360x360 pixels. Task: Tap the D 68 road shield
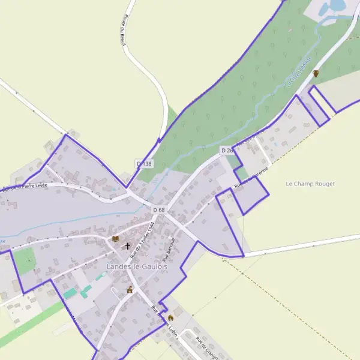(x=158, y=209)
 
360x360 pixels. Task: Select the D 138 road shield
(x=145, y=163)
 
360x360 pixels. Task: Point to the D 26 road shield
(x=226, y=150)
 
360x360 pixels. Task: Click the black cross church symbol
(x=127, y=246)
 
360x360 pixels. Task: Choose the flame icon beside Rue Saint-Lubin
(x=170, y=317)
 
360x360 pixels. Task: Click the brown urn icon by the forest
(x=316, y=74)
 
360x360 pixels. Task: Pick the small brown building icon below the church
(x=129, y=290)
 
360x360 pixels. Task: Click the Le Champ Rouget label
(x=310, y=184)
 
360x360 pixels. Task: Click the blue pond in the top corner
(x=332, y=7)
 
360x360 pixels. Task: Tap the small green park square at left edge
(x=25, y=260)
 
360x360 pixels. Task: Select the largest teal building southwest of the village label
(x=71, y=293)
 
